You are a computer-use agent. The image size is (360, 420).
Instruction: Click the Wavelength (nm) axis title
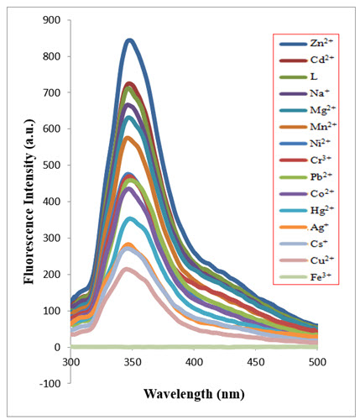click(194, 393)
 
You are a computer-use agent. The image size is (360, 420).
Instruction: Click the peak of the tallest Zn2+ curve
click(129, 39)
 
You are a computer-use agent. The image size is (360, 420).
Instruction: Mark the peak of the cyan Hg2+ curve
click(129, 218)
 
